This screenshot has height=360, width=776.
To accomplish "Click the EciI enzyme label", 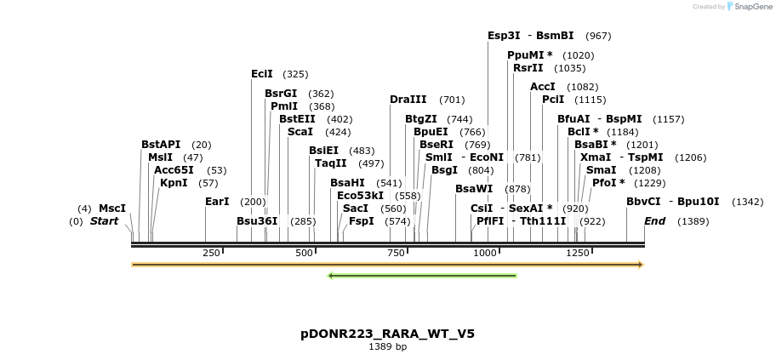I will click(x=262, y=74).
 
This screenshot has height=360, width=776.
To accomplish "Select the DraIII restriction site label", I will click(x=408, y=100).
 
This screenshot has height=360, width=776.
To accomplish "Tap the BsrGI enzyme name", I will click(x=281, y=94).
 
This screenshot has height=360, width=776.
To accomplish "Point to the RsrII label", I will click(x=528, y=68).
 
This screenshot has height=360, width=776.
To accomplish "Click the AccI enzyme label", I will click(x=543, y=87).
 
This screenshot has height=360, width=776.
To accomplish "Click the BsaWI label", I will click(x=474, y=189).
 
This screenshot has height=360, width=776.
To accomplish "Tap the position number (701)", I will click(x=452, y=100).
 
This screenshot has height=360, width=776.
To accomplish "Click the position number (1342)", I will click(x=746, y=203).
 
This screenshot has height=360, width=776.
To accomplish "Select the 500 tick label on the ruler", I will click(x=304, y=253).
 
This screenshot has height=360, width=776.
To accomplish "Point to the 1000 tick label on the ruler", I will click(x=485, y=253).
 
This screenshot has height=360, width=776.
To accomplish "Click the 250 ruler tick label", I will click(x=211, y=253).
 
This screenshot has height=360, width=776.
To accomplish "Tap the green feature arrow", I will click(x=422, y=276).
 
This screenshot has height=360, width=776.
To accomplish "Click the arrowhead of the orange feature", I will click(x=641, y=265).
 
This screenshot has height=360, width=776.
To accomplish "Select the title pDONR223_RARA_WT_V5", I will click(x=387, y=334).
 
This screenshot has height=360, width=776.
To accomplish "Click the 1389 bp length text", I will click(x=387, y=347).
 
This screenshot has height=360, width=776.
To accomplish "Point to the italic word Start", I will click(x=104, y=221).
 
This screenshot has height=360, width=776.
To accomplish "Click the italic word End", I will click(x=654, y=221).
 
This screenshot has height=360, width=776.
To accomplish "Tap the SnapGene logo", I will click(x=749, y=7).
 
